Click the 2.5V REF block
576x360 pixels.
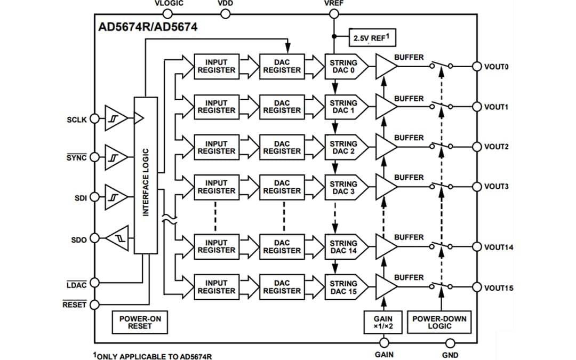coord(373,38)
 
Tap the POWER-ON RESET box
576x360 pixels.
coord(140,322)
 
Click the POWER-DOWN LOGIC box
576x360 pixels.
coord(439,322)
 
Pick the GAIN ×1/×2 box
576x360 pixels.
coord(384,322)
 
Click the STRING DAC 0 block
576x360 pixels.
coord(345,67)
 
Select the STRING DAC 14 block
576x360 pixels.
coord(345,247)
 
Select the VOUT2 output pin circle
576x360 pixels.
coord(477,147)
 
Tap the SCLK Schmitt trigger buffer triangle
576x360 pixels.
coord(116,118)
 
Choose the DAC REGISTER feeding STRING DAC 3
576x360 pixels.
coord(282,187)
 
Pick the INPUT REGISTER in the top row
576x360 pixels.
coord(216,67)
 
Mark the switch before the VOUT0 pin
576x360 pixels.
coord(441,66)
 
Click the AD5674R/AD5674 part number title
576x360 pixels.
coord(148,27)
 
